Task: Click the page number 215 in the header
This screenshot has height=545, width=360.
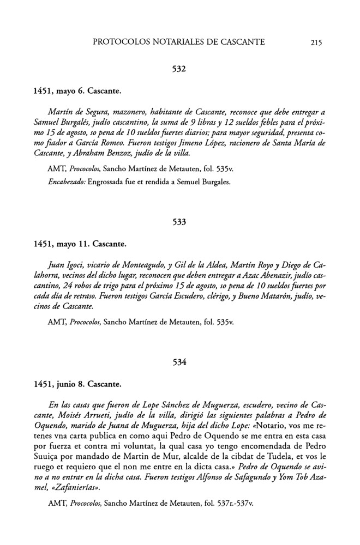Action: tap(316, 43)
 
